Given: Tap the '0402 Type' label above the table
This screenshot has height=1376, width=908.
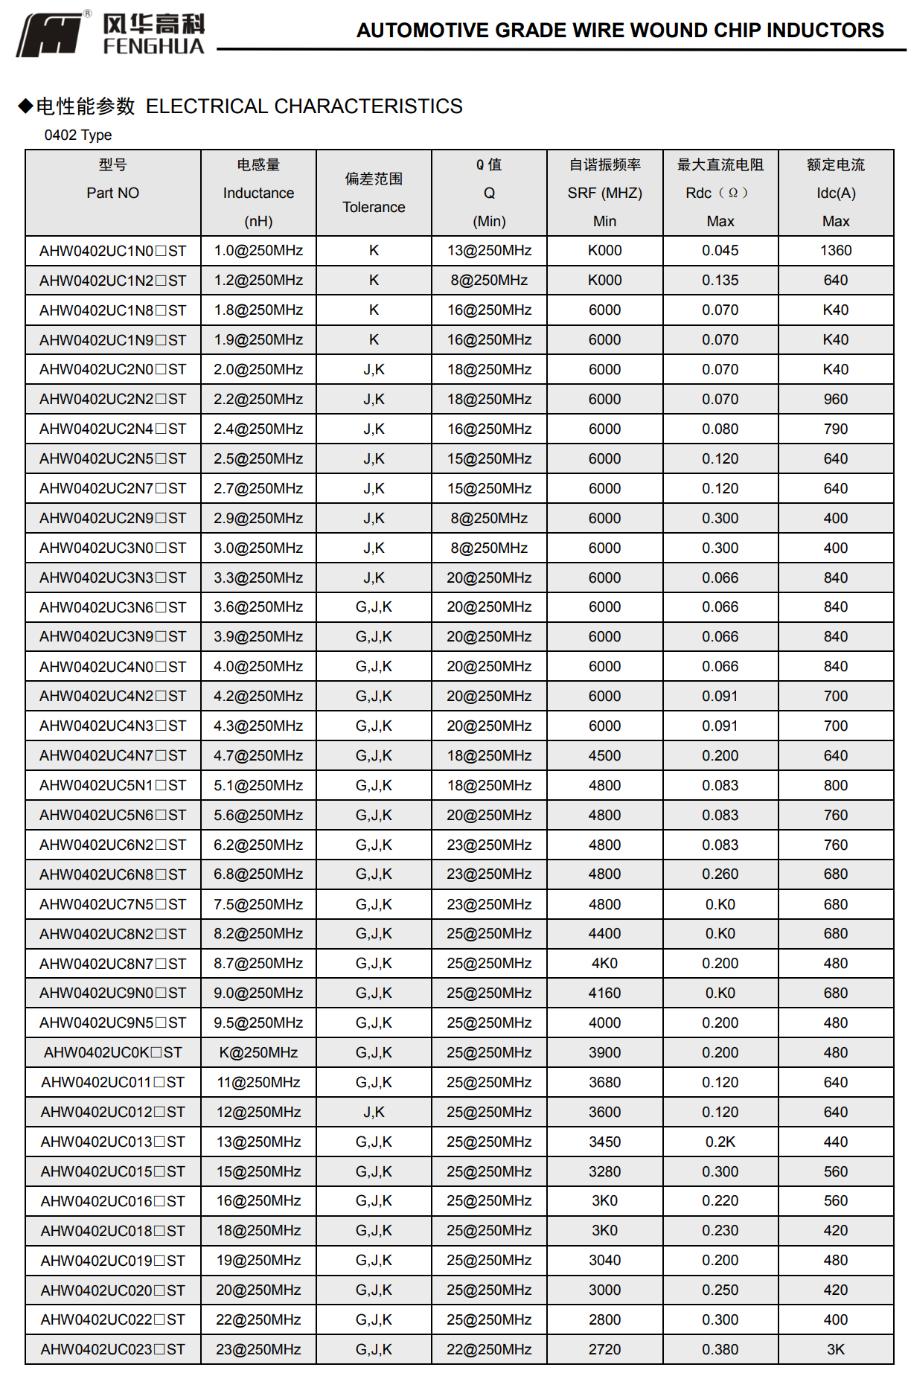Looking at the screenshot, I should point(78,135).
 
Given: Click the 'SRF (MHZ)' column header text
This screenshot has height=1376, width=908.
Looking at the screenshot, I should point(604,193).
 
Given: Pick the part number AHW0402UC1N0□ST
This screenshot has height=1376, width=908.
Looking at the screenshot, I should point(113,251).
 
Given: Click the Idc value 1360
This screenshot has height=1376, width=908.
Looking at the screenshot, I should point(836,251).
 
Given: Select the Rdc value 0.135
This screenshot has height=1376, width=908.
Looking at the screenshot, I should point(720,281).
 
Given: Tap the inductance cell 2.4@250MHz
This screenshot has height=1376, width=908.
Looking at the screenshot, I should point(258,429).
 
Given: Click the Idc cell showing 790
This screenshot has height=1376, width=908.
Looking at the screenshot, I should point(836,429).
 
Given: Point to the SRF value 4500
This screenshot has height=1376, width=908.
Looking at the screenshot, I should point(604,755).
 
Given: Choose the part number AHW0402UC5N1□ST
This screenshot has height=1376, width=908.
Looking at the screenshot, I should point(113,785).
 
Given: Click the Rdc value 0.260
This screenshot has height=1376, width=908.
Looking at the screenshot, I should point(720,874).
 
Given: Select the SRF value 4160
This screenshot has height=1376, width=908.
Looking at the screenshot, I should point(604,993).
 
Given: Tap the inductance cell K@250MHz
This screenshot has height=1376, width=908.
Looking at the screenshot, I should point(258,1052).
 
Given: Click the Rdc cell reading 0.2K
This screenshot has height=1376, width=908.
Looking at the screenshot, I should point(720,1142).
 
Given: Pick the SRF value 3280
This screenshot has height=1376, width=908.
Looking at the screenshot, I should point(604,1171).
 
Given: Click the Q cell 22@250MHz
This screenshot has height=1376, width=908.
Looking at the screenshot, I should point(489,1349).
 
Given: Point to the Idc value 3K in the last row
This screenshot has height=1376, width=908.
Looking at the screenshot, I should point(836,1349).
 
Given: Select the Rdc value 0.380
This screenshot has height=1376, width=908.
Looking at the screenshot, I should point(720,1349).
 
